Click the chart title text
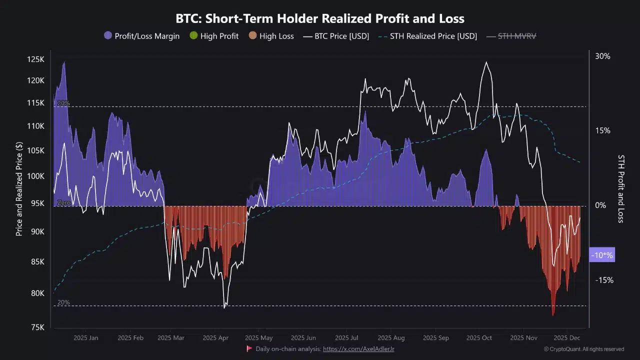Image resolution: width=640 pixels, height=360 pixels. tap(320, 19)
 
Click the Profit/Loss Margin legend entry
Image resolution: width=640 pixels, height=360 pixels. tap(141, 36)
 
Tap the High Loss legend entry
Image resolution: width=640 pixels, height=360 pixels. tap(271, 36)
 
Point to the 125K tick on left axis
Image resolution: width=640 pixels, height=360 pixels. tap(35, 59)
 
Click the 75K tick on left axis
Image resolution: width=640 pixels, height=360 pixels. tap(37, 327)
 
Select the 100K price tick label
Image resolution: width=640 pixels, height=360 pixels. tap(35, 176)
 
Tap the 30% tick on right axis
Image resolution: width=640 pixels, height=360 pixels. tap(602, 56)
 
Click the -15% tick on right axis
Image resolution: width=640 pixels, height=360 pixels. tap(604, 280)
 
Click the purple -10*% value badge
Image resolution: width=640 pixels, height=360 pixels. tap(601, 255)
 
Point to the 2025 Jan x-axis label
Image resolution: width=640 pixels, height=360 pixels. tap(86, 338)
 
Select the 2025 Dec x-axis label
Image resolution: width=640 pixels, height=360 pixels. tap(566, 338)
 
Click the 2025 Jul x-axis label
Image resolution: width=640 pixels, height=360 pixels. tap(346, 338)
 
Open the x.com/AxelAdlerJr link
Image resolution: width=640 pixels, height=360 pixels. tap(358, 349)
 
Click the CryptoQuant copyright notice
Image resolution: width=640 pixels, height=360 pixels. tap(583, 349)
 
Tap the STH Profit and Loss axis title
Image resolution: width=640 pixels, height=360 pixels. tap(620, 188)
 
